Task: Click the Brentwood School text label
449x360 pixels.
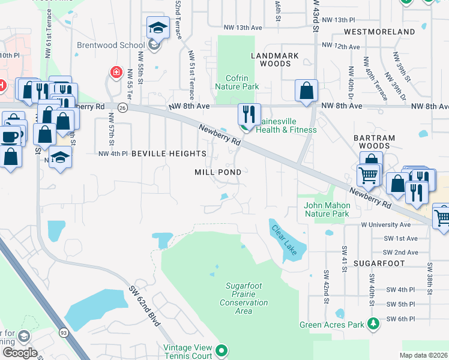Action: [x=110, y=44]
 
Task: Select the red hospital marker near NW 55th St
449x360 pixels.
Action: [x=115, y=73]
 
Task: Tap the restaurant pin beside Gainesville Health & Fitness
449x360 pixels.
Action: [x=248, y=114]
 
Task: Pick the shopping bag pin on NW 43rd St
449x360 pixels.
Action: [x=306, y=91]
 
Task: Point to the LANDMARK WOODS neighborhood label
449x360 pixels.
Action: [x=271, y=59]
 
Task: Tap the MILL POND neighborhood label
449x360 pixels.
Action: [x=218, y=172]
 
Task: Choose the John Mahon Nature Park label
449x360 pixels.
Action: [x=326, y=209]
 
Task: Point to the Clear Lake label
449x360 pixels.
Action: [x=284, y=239]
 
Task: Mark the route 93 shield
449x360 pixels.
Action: [x=63, y=332]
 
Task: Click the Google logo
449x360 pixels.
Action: [x=20, y=353]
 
